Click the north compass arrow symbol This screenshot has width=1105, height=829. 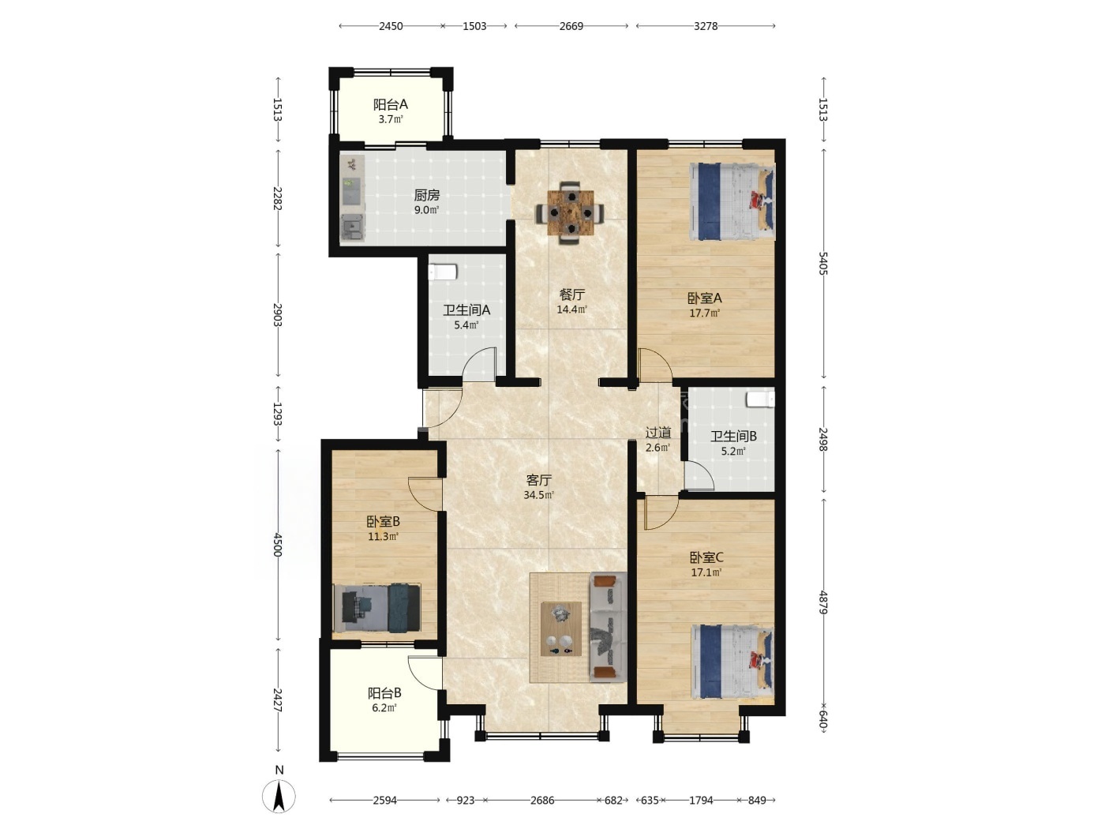pos(279,795)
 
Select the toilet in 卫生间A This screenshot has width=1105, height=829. pos(442,272)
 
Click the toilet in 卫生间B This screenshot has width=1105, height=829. pos(760,399)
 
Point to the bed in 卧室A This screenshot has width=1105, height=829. pos(732,201)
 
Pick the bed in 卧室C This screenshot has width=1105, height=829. pos(732,662)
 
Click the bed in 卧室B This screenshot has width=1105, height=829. pos(376,608)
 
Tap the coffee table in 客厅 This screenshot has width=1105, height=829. pos(560,629)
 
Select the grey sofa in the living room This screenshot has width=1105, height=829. pos(608,627)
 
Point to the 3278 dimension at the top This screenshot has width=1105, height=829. pos(706,26)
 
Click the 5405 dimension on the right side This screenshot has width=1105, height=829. pos(822,263)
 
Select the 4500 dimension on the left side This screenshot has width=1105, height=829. pos(277,544)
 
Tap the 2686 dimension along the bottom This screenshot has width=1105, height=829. pos(542,800)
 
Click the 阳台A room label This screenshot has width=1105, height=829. pos(390,105)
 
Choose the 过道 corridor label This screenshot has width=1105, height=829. pos(658,433)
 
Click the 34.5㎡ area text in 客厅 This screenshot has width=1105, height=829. pos(538,495)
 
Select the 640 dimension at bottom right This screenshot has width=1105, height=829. pos(822,720)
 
